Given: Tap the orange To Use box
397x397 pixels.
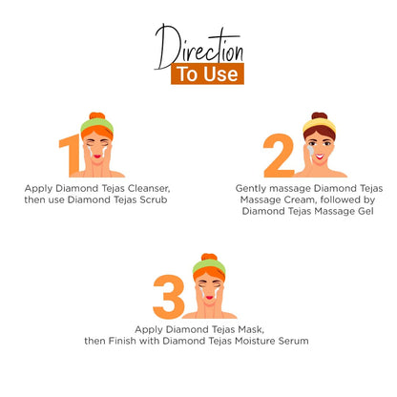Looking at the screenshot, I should point(207,74).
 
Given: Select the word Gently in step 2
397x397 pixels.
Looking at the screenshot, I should point(251,189).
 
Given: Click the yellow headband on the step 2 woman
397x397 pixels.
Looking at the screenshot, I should point(318,124).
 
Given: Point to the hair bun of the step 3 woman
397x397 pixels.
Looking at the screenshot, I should point(208,258).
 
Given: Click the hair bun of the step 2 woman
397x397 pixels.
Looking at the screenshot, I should point(319,115).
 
